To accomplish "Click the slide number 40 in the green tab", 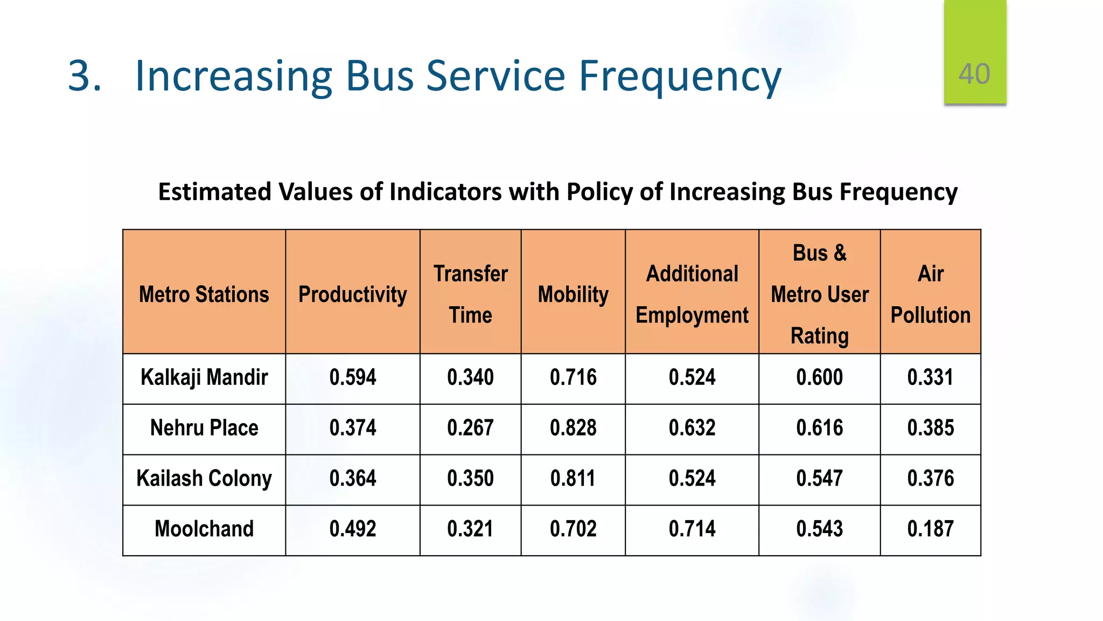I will [974, 74].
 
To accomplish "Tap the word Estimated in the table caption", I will [214, 192].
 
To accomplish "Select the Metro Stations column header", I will [204, 294].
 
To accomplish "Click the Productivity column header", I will [353, 294].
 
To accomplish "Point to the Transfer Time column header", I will [470, 294].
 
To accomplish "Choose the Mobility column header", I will [573, 294].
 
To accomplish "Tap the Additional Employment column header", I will [692, 294].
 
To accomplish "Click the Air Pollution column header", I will [930, 294].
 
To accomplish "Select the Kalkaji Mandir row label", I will [204, 377].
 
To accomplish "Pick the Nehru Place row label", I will [204, 428].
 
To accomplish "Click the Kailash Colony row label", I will [204, 479].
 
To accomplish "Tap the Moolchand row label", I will [204, 529].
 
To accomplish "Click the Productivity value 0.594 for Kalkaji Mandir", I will [353, 377].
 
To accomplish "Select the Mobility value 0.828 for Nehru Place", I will [573, 428].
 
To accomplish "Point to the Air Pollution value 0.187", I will [930, 529].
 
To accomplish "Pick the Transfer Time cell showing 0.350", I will [470, 479].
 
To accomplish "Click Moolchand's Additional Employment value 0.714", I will [692, 529].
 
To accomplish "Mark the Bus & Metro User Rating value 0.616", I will [819, 428].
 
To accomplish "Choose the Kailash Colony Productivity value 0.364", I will [353, 479].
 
